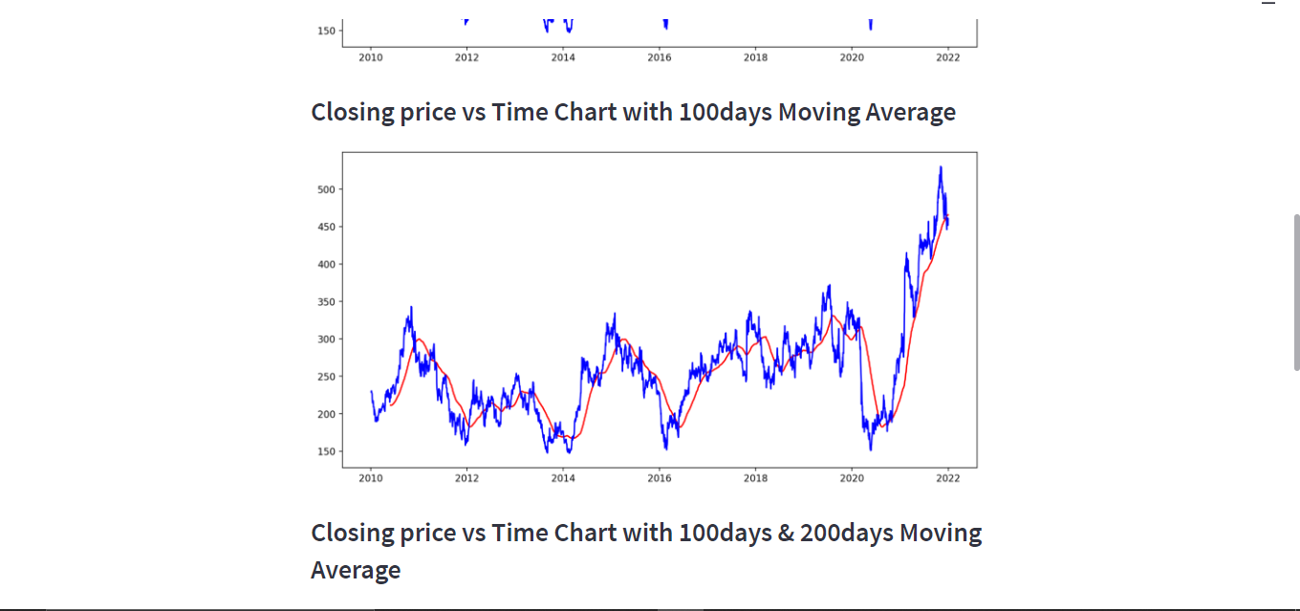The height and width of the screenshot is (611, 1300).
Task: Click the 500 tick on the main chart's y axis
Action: [x=326, y=189]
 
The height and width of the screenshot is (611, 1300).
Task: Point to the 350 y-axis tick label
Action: [x=326, y=302]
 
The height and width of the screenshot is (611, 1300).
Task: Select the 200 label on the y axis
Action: [x=326, y=414]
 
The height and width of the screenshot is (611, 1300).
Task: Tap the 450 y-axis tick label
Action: [x=326, y=227]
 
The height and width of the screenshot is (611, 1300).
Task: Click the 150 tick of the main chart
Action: [x=326, y=451]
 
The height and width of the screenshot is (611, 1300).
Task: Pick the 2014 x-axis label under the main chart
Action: [x=563, y=478]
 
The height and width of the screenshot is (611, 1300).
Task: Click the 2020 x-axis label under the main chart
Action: [x=852, y=478]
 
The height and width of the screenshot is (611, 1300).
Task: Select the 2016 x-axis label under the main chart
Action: [x=660, y=478]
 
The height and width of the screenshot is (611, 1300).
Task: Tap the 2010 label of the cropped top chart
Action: [x=371, y=57]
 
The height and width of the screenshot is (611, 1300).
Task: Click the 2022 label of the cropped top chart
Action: [x=947, y=57]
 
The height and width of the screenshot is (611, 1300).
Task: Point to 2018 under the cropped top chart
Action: [x=755, y=57]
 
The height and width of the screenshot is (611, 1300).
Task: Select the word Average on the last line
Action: [x=356, y=571]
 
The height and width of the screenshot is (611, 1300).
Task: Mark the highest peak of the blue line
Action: [x=941, y=167]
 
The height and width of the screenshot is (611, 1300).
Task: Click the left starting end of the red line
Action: [x=390, y=404]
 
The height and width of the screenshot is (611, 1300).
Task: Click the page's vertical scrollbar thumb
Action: [x=1296, y=292]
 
